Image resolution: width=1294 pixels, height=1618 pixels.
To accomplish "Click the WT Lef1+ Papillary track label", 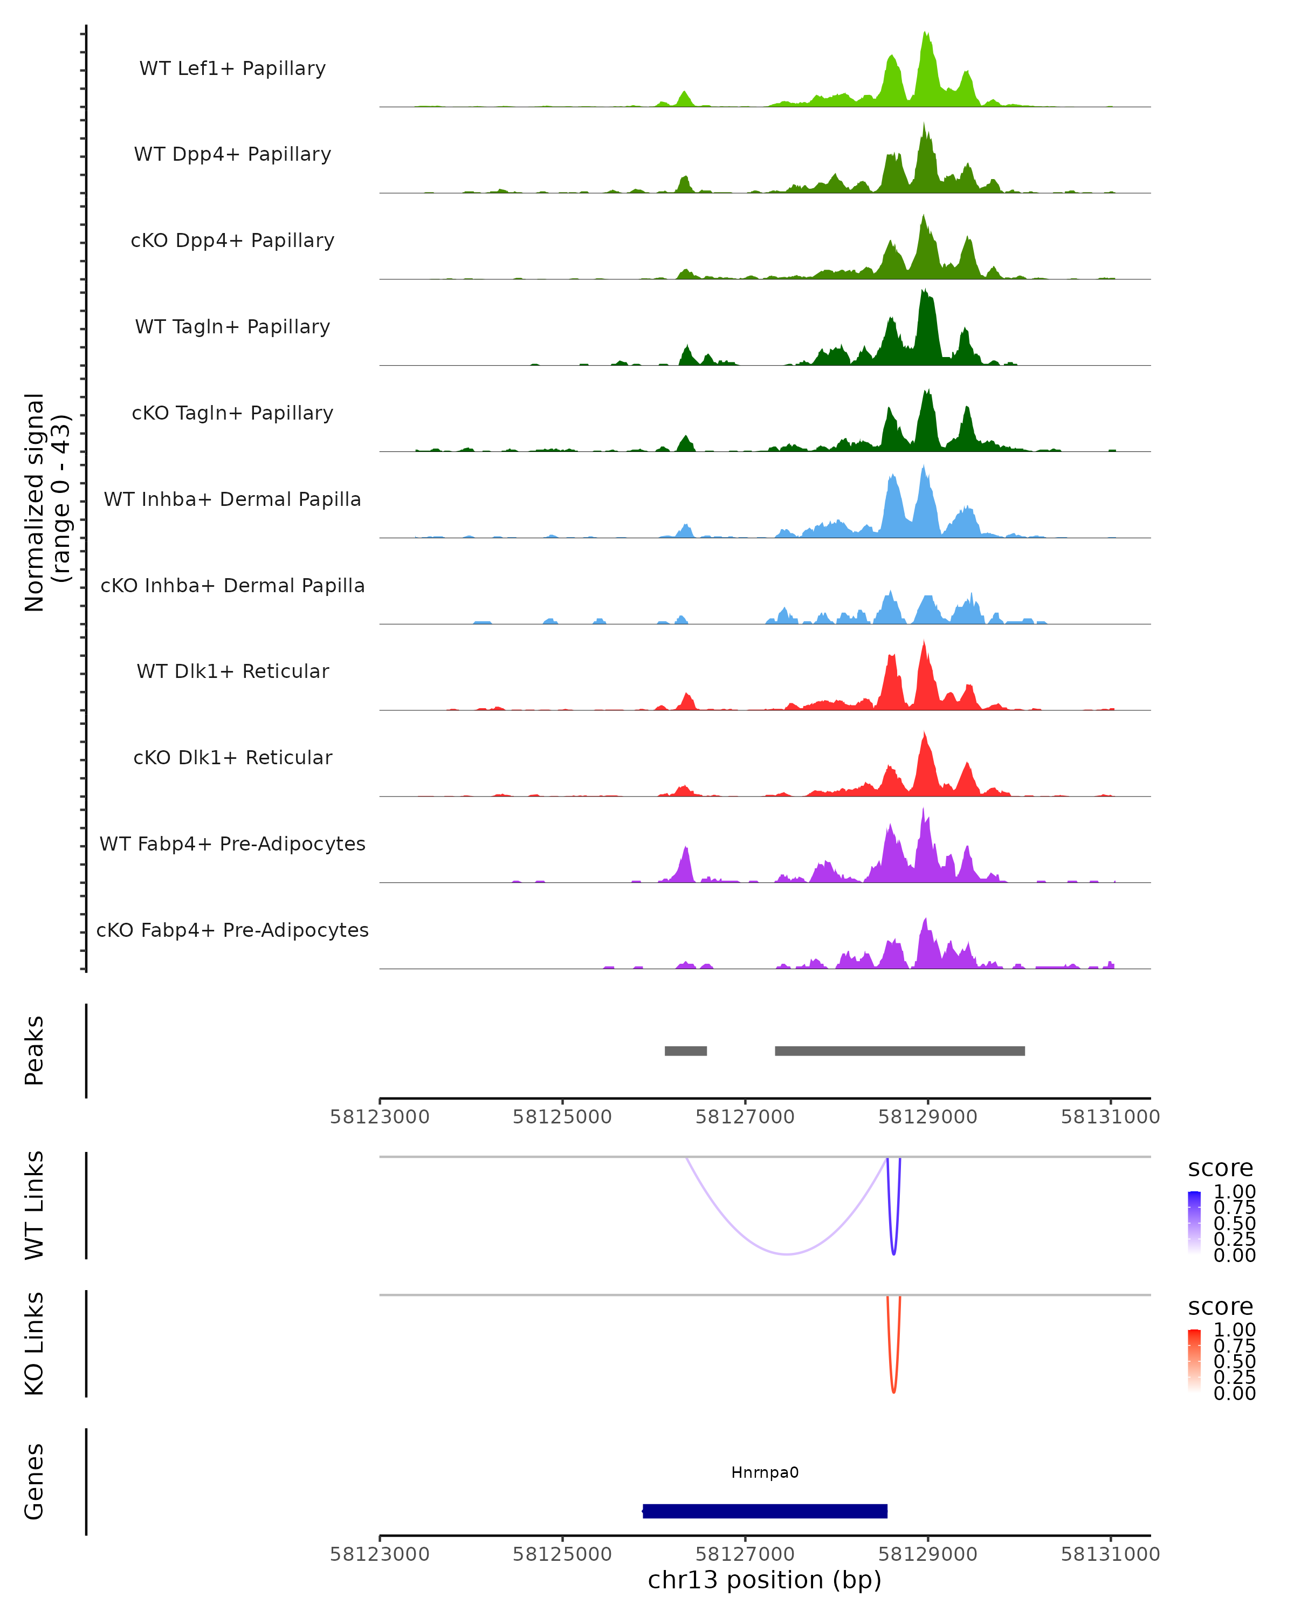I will point(232,68).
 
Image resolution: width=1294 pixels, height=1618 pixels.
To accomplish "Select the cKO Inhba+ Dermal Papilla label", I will point(232,585).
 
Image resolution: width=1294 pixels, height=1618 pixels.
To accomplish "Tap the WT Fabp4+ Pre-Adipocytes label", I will point(232,844).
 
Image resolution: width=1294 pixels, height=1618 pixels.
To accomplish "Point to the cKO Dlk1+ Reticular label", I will point(232,757).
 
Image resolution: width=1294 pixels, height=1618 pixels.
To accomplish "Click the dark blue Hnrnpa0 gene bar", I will point(765,1511).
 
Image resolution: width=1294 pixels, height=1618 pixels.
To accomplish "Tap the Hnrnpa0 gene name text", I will point(765,1472).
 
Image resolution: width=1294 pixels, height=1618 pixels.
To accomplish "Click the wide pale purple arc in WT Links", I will point(786,1253).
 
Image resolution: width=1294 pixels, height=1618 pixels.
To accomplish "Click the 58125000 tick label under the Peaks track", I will point(562,1117).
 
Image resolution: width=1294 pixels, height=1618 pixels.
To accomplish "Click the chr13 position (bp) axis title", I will point(765,1580).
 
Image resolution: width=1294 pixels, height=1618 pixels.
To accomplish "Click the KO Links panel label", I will point(35,1343).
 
